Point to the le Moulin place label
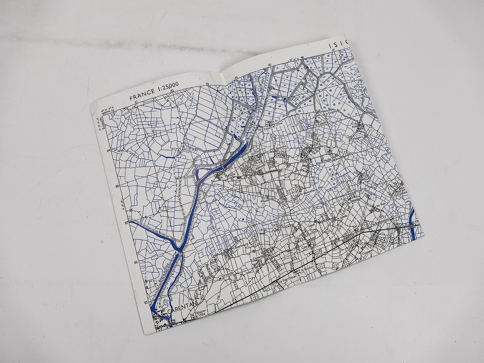[225, 177]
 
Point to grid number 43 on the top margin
[207, 84]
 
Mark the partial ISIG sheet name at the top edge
[339, 45]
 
